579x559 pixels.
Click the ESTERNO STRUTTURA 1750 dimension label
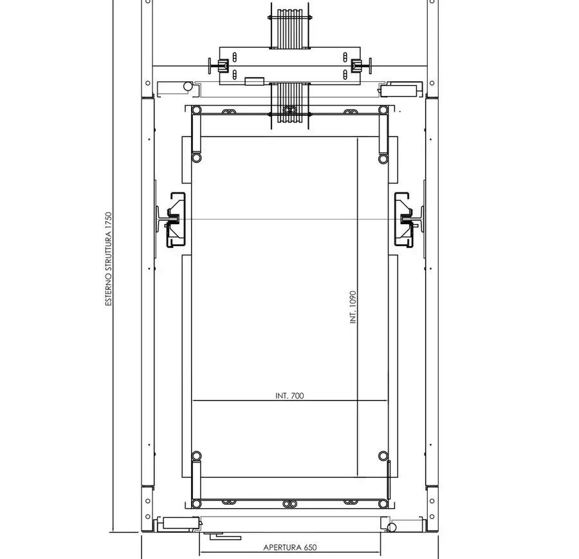click(x=108, y=259)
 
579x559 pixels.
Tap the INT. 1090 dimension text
click(x=353, y=307)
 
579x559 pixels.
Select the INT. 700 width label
click(x=289, y=395)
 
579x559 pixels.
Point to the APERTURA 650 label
click(x=290, y=547)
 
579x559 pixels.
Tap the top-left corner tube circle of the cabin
click(x=196, y=110)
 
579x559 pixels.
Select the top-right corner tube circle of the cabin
click(x=383, y=109)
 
